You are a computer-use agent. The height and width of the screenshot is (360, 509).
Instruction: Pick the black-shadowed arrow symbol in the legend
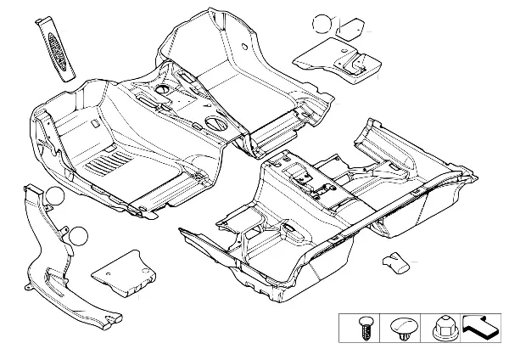point(482,326)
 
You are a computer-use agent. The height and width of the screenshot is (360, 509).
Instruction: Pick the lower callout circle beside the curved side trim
point(78,235)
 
